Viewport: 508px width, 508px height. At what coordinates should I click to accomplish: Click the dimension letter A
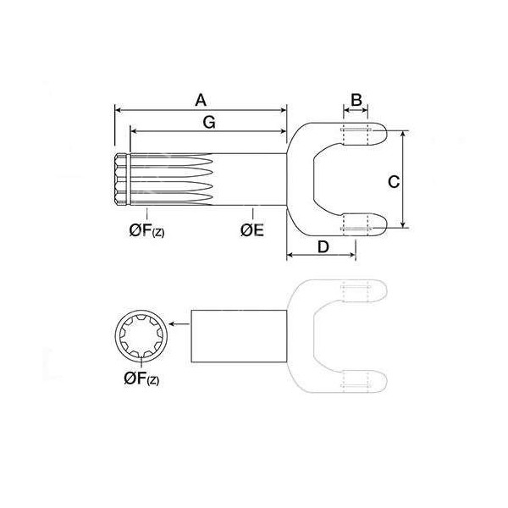click(x=201, y=99)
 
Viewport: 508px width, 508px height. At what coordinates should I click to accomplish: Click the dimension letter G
click(x=209, y=123)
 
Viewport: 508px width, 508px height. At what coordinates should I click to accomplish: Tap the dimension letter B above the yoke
click(x=356, y=100)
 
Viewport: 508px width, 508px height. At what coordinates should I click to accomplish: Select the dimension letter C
click(x=393, y=180)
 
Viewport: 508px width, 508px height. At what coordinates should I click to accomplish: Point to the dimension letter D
click(x=323, y=246)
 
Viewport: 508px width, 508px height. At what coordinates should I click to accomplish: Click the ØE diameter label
click(x=251, y=229)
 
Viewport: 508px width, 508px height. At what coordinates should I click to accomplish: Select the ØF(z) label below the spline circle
click(x=141, y=379)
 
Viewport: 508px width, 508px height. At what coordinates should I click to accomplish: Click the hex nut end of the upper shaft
click(x=121, y=180)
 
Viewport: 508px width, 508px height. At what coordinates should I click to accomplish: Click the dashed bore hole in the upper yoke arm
click(x=356, y=133)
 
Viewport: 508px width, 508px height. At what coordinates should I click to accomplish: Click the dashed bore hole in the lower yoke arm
click(x=356, y=225)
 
